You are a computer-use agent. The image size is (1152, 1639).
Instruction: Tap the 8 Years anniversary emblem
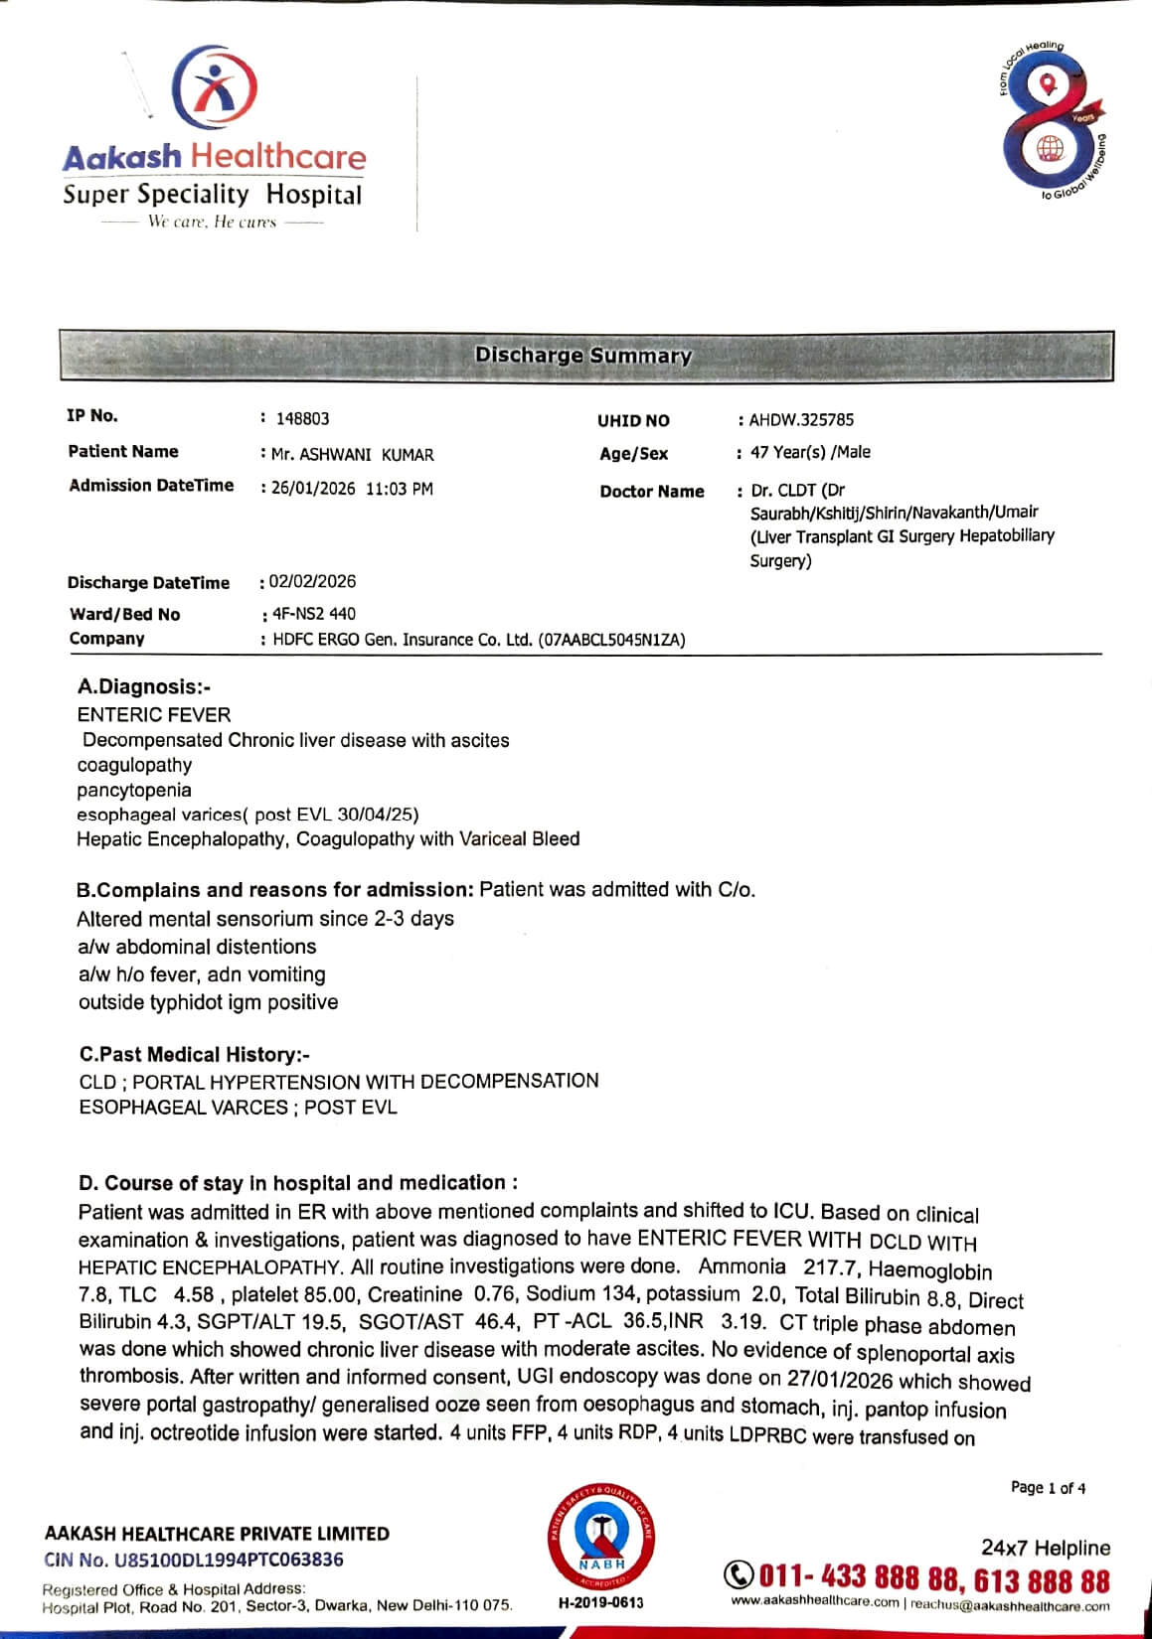point(1051,120)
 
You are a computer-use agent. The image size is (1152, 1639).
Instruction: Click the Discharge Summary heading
point(583,356)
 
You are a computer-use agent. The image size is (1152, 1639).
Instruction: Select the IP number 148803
point(302,419)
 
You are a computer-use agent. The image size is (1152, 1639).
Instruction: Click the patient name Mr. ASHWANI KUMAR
point(353,455)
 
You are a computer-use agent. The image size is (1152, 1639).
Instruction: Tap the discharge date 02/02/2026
point(312,581)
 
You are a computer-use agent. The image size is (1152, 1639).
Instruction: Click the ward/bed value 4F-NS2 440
point(313,614)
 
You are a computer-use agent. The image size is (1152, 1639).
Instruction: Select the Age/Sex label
point(634,454)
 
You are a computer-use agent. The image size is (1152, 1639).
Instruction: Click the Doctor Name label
point(652,492)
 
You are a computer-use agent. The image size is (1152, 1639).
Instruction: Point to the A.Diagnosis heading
point(144,686)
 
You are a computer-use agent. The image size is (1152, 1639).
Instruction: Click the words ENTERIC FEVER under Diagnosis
point(154,714)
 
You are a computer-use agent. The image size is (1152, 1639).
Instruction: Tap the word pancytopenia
point(134,790)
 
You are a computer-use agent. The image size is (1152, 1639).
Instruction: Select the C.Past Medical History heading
point(195,1054)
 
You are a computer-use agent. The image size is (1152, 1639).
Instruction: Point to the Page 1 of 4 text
point(1048,1487)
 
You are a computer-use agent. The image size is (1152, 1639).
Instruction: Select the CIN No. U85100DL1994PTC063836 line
point(194,1560)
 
